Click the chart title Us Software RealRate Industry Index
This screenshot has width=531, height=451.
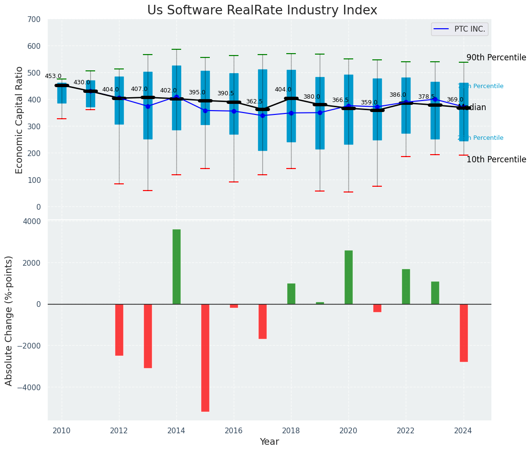(x=262, y=11)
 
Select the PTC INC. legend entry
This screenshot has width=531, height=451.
(x=459, y=29)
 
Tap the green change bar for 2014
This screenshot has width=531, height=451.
(x=176, y=267)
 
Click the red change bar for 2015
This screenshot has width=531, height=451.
(x=205, y=358)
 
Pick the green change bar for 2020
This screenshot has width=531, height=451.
(x=348, y=277)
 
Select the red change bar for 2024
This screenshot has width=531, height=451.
(x=464, y=333)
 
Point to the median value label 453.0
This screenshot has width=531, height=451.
(x=53, y=76)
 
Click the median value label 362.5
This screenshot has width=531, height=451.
(x=254, y=101)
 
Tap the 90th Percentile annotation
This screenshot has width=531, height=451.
(x=496, y=57)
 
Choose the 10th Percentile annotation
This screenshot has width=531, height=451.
(x=496, y=159)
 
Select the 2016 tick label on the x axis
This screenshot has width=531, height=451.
(x=234, y=430)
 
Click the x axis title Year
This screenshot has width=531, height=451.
(x=269, y=442)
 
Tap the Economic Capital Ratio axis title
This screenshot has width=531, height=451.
(x=20, y=120)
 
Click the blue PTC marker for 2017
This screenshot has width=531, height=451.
(x=262, y=115)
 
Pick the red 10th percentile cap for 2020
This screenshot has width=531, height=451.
(x=348, y=192)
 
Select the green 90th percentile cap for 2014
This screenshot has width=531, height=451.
(x=176, y=49)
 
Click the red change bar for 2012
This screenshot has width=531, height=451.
(x=119, y=330)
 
